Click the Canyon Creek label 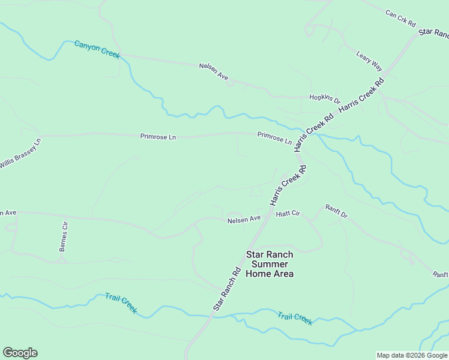click(97, 49)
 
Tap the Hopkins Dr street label click(325, 98)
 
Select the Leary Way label click(369, 61)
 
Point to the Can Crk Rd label click(400, 18)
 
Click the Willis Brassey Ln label click(20, 154)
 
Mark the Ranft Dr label click(337, 211)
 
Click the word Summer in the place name click(270, 264)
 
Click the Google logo click(20, 353)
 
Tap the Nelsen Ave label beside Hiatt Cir click(244, 220)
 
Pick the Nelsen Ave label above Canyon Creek click(214, 72)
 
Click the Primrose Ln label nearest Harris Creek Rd click(274, 137)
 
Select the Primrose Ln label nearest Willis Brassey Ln click(158, 137)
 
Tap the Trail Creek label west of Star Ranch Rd click(121, 304)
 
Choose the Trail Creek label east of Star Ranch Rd click(295, 318)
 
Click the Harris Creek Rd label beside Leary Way click(361, 95)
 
